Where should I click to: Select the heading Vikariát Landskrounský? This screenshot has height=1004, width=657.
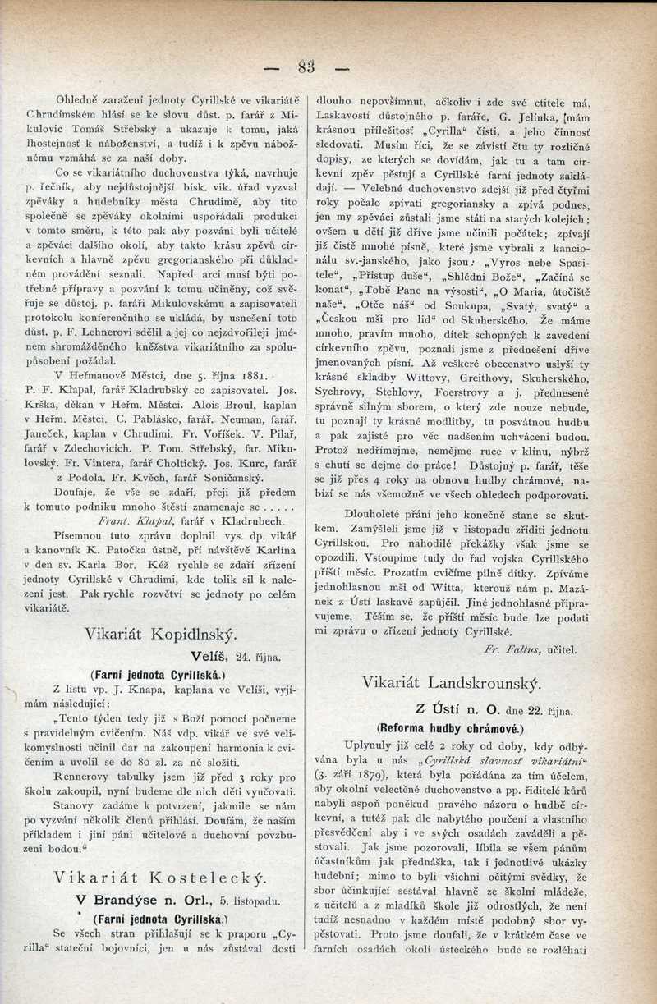click(x=451, y=682)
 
